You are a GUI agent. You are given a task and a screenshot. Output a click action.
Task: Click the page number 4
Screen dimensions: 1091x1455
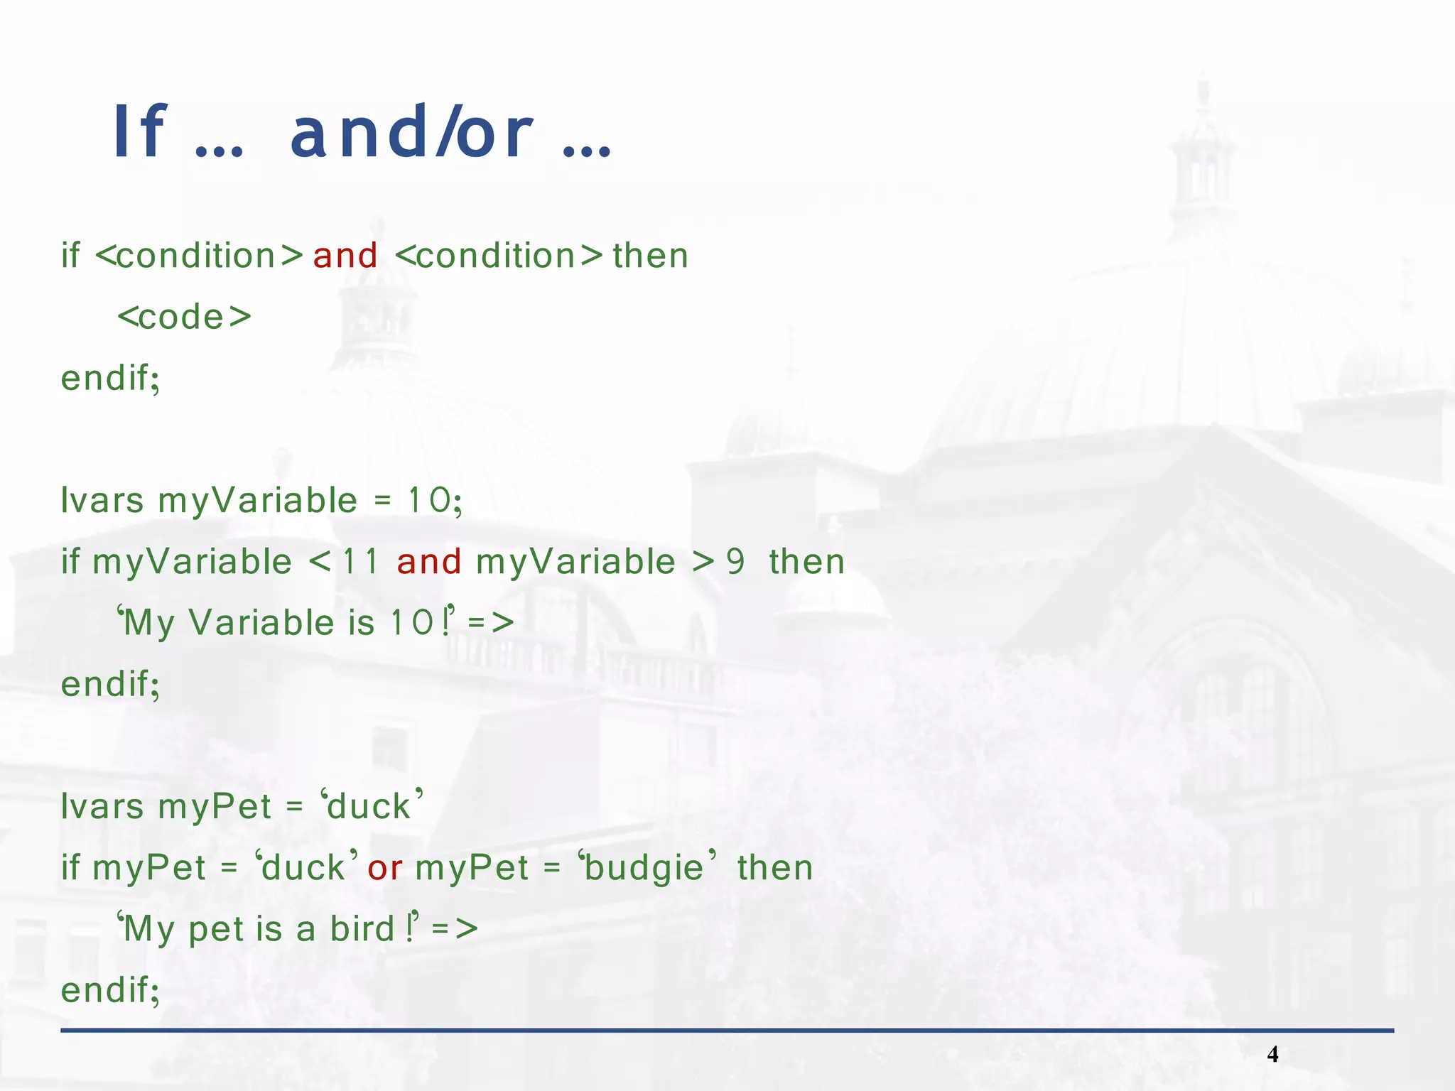coord(1272,1054)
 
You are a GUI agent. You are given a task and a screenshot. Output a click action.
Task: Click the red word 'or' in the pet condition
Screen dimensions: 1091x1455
coord(385,868)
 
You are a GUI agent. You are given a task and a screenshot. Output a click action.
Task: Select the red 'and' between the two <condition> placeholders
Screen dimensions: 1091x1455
coord(345,256)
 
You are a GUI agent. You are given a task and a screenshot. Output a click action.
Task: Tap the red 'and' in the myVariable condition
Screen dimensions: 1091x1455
coord(429,562)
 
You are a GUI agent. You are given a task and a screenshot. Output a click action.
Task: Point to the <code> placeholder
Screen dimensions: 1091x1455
coord(185,317)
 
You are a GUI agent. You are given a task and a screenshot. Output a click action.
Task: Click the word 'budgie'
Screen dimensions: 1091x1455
coord(644,868)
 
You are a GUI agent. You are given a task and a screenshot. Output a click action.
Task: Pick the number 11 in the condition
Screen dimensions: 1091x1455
coord(360,562)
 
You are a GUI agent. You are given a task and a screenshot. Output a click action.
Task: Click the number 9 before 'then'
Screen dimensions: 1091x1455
coord(735,562)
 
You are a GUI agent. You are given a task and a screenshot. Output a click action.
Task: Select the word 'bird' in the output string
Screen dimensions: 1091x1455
coord(362,929)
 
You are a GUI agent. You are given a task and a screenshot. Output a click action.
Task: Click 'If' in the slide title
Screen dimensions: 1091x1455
coord(140,133)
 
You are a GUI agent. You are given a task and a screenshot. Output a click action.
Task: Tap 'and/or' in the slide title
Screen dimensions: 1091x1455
coord(411,133)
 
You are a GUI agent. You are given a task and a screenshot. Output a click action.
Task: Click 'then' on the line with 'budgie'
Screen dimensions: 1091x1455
coord(775,868)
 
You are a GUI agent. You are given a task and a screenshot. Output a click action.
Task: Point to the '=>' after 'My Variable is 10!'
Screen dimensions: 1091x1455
coord(491,623)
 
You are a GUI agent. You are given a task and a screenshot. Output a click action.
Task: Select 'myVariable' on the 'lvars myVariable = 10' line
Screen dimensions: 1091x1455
coord(257,501)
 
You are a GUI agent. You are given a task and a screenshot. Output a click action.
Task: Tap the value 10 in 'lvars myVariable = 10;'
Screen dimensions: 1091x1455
coord(429,501)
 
